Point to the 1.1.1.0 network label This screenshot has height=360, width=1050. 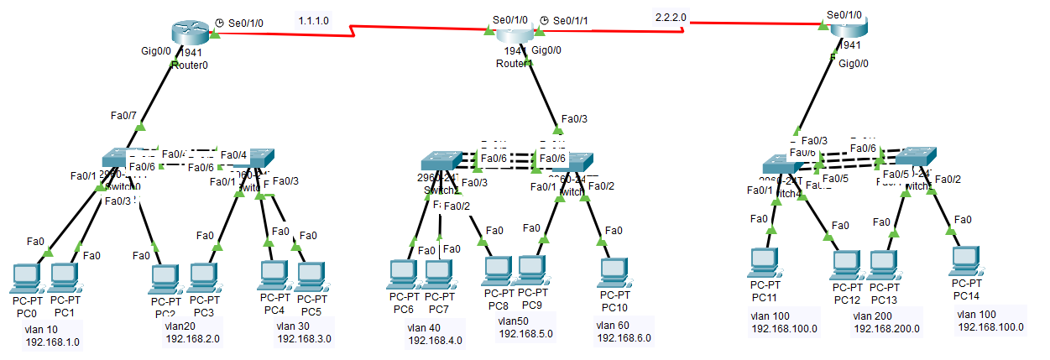[315, 18]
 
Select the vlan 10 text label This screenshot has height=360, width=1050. [41, 330]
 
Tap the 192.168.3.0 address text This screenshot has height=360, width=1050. [304, 338]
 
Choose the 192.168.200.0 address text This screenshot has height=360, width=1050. [886, 329]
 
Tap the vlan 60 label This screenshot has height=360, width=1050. [613, 326]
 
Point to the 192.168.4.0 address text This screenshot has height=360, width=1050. [435, 341]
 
